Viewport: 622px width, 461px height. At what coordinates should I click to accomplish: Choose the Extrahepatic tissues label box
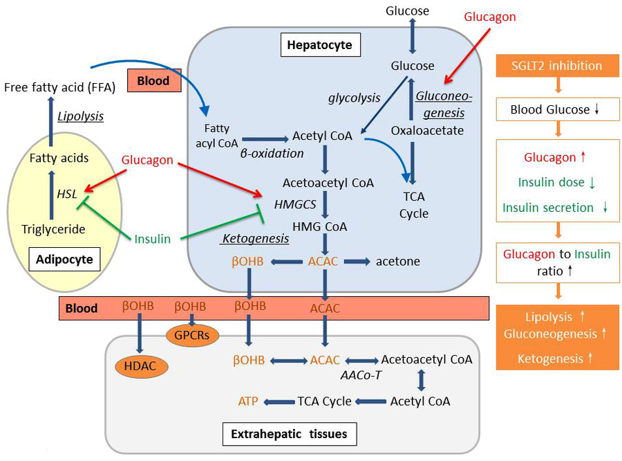pos(289,434)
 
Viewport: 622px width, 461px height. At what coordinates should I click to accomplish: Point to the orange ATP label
pos(248,401)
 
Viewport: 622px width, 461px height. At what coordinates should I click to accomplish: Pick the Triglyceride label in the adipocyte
pos(53,229)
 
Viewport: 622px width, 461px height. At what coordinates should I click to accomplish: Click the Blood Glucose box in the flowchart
pos(556,109)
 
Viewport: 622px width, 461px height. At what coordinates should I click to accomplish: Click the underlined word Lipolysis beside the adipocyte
pos(80,116)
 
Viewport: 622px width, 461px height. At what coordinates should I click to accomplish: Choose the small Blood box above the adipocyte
pos(153,80)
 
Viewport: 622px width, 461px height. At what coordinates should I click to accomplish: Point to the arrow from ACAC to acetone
pos(357,261)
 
